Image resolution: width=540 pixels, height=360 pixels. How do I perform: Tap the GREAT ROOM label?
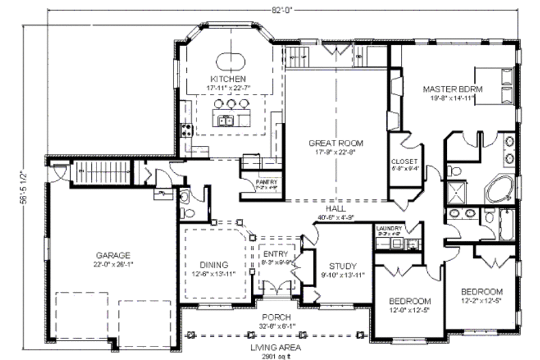click(335, 143)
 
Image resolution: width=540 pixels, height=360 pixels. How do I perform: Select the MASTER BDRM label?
click(450, 88)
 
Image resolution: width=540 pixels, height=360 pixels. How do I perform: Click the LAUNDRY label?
click(389, 229)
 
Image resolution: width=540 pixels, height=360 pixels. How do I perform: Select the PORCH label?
click(277, 317)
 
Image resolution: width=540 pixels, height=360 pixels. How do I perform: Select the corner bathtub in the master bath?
click(500, 188)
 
